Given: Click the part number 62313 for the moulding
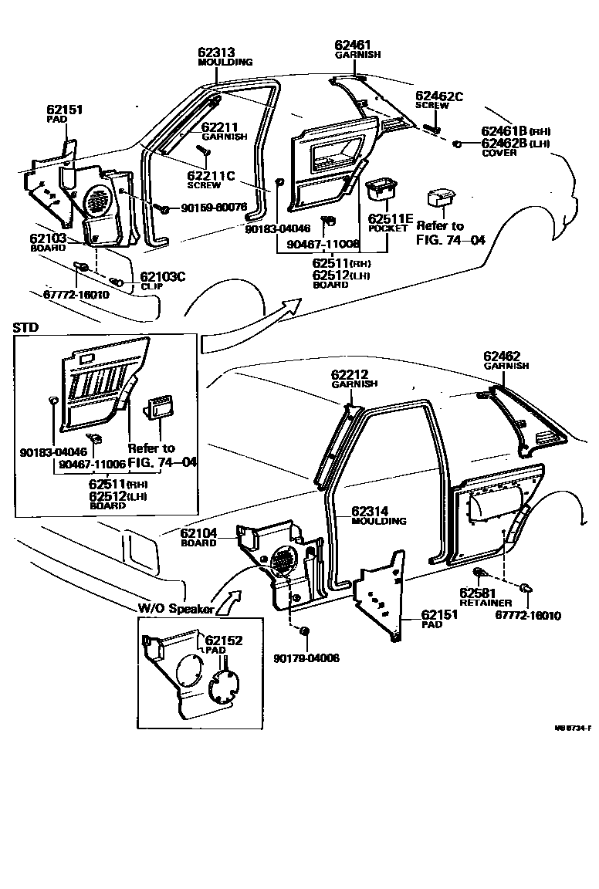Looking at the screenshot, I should (x=216, y=52).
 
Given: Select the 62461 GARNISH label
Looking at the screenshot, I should (x=354, y=48).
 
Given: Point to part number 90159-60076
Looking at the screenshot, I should (x=214, y=207).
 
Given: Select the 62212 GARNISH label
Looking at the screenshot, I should (x=354, y=377).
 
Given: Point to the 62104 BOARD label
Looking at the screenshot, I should (x=199, y=536).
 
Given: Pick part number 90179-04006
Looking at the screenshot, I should (x=306, y=657).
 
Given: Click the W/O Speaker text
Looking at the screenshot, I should (x=175, y=608).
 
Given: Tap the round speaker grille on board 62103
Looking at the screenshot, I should (x=97, y=201).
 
